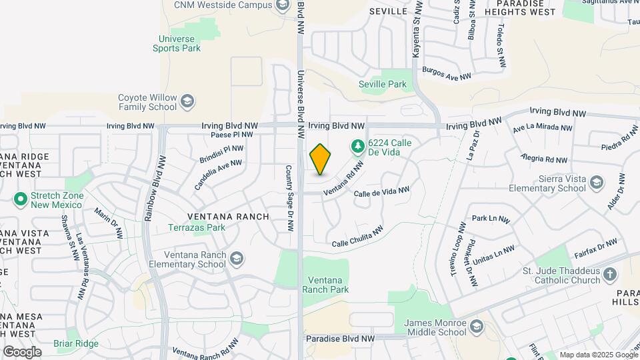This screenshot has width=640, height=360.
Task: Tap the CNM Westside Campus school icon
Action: point(283,5)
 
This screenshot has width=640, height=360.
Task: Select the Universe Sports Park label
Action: point(177,43)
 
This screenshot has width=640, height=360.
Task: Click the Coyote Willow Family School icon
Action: point(187,101)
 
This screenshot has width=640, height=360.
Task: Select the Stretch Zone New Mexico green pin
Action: point(20,199)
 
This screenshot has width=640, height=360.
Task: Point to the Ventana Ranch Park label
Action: point(325,285)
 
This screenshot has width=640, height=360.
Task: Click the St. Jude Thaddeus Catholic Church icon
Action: point(609,275)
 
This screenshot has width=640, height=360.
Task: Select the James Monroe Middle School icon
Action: point(476,327)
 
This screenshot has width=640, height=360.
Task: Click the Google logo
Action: point(22,352)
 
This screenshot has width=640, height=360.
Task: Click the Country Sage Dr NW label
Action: point(290,198)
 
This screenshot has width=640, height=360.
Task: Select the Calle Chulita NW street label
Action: point(357,237)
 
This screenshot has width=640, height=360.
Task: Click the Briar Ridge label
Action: point(77,344)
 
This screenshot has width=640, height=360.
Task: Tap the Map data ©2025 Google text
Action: point(598,355)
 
